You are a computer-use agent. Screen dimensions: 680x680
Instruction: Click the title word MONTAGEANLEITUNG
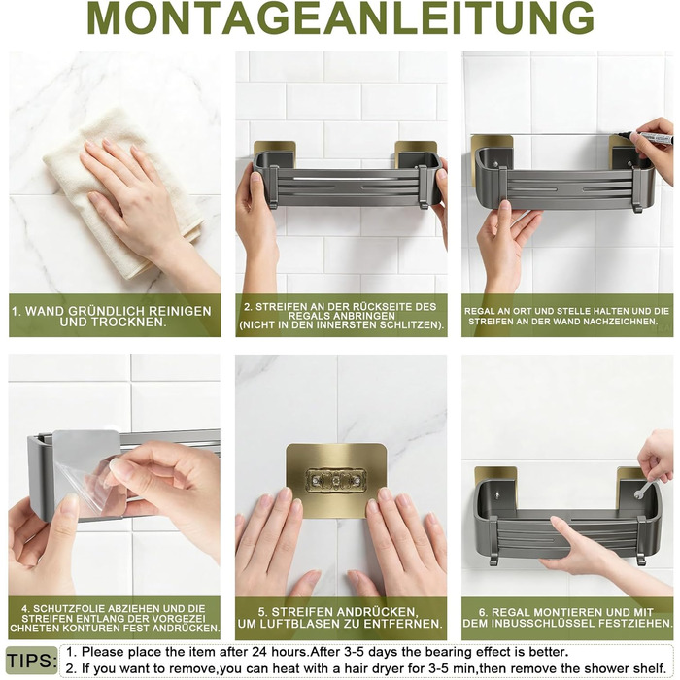coord(340,17)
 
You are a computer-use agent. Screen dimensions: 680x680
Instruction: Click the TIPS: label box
coord(32,661)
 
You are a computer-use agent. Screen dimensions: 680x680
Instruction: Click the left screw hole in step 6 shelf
coord(497,493)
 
